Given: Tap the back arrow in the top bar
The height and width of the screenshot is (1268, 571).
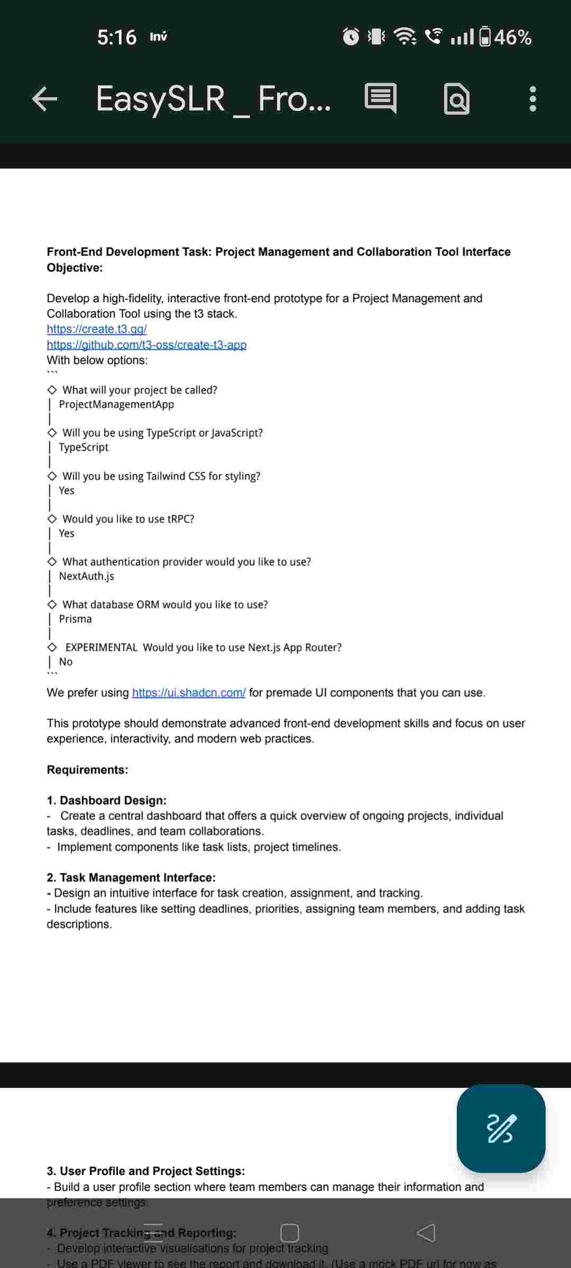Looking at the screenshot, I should point(44,99).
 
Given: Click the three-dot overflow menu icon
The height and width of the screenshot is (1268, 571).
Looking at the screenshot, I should point(532,99).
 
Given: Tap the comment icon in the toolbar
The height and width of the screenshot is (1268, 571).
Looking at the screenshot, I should point(380,98).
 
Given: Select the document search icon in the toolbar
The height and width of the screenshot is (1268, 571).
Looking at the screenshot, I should point(457,99).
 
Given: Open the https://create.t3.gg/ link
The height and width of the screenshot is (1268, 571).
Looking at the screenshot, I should point(97,329).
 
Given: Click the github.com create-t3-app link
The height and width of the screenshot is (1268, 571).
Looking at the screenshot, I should point(146,345).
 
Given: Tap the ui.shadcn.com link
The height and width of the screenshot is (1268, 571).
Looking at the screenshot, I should point(189,693).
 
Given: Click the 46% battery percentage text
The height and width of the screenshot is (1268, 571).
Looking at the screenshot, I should point(513,37).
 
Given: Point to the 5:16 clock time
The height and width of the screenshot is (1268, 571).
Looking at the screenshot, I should point(117,37).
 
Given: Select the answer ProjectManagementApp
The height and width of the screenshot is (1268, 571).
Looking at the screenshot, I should point(116,405).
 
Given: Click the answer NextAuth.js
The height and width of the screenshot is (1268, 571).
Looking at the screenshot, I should point(87,576).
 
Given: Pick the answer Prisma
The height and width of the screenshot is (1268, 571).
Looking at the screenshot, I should point(76,619).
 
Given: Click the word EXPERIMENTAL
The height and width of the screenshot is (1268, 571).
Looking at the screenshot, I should point(102,648).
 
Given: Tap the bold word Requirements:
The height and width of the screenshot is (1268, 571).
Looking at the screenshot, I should point(87,770).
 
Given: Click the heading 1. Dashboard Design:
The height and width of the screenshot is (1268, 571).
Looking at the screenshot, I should point(107,800).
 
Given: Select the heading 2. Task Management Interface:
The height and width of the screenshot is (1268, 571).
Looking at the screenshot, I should point(131,878).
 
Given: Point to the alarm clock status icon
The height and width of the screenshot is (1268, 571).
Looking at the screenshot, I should point(351,37).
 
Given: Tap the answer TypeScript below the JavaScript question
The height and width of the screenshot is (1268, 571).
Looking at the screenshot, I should point(84,447).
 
